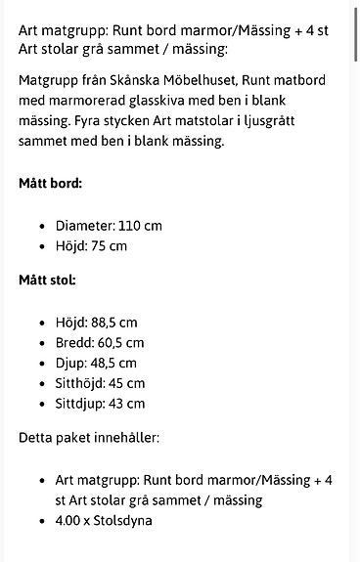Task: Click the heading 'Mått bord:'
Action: [x=50, y=183]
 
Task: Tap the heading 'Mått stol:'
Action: [x=48, y=281]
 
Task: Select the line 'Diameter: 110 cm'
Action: [x=109, y=226]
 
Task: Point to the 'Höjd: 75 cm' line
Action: [x=91, y=246]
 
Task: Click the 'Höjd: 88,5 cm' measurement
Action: [x=97, y=323]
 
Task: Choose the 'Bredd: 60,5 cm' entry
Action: [x=100, y=343]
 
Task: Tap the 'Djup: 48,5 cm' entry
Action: [x=96, y=364]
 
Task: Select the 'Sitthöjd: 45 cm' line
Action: [x=100, y=383]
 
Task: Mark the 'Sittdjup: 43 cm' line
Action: [x=100, y=404]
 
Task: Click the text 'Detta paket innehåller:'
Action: [x=89, y=437]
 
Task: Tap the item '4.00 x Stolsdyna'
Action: [x=104, y=521]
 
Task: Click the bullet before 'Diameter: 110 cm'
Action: [x=42, y=226]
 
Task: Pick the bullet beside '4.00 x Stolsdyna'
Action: [x=42, y=521]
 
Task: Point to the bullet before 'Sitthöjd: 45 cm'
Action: [x=42, y=384]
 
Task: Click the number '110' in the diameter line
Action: [x=128, y=226]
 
